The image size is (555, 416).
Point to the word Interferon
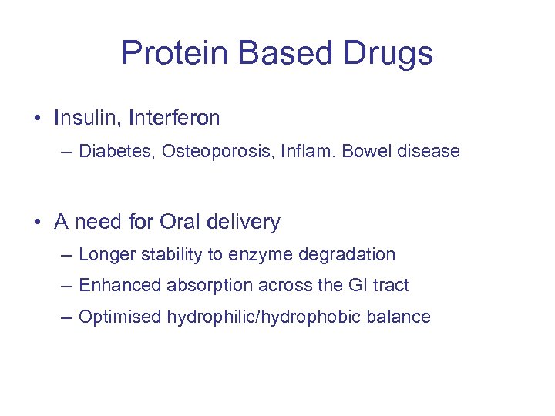tap(174, 118)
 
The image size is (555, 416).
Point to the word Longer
tap(104, 255)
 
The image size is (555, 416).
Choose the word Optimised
tap(119, 317)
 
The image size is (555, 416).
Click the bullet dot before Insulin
tap(37, 119)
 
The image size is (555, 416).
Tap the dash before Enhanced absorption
tap(68, 286)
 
